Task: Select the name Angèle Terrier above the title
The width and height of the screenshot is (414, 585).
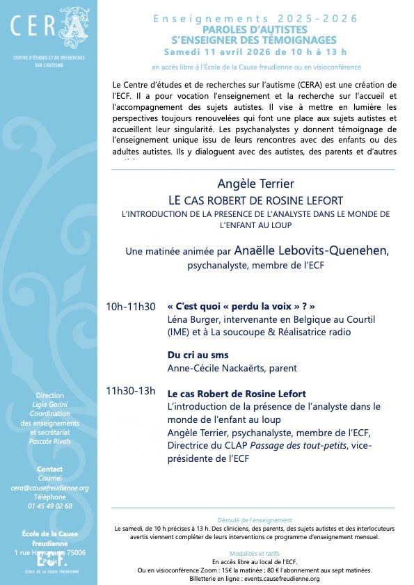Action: coord(255,184)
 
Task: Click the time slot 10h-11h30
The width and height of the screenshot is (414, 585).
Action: coord(131,307)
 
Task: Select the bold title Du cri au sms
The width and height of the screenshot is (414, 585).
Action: coord(198,355)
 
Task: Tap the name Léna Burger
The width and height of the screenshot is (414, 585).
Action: coord(192,319)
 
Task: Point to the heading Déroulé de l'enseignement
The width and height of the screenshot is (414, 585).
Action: coord(255,520)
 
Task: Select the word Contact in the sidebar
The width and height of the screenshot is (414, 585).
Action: coord(49,470)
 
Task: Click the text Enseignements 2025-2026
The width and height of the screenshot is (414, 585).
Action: coord(255,18)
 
